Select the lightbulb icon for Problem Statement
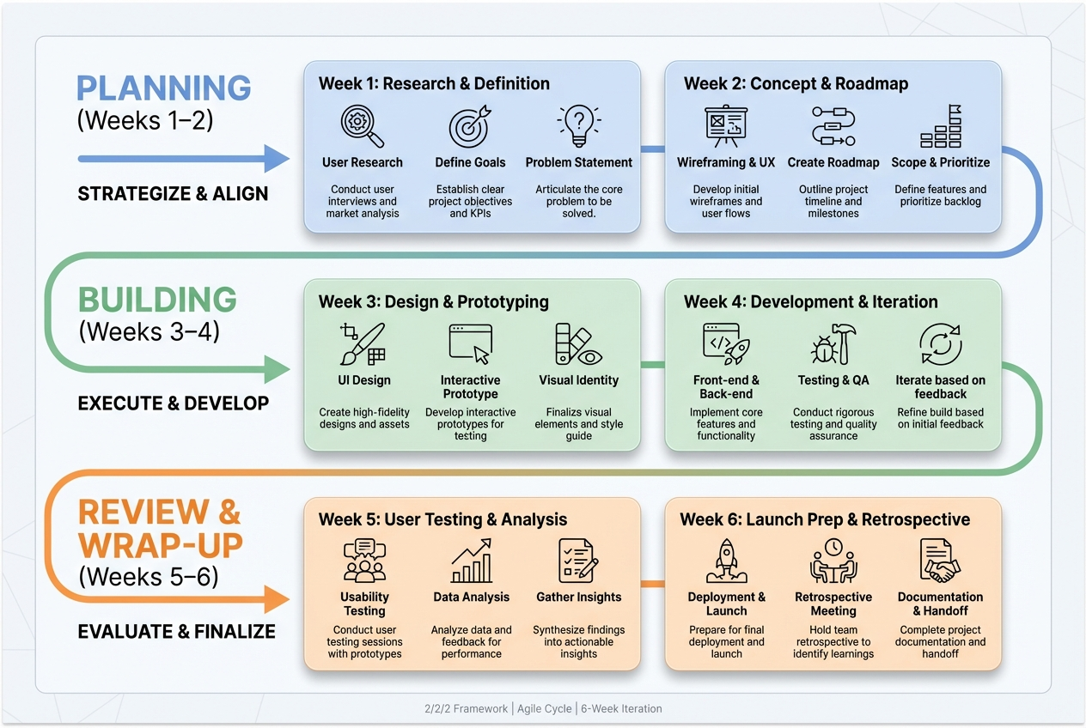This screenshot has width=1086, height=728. point(578,125)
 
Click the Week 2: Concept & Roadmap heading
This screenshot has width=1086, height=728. point(796,83)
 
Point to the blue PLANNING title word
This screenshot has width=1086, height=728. point(164,88)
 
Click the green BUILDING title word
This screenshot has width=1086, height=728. point(157,300)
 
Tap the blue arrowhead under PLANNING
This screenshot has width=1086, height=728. point(276,159)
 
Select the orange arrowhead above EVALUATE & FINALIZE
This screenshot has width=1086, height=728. point(276,598)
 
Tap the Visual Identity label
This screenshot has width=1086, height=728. point(578,380)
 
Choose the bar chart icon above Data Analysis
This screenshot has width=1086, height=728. point(471,561)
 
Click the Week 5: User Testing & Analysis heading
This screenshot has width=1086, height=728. point(442,519)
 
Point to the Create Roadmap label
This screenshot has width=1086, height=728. point(833,162)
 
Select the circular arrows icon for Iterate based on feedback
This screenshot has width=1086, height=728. point(940,344)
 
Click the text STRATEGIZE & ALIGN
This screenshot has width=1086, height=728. point(173,194)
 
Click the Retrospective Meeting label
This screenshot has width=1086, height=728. point(833,604)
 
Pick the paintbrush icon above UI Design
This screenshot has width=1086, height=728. point(363,344)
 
